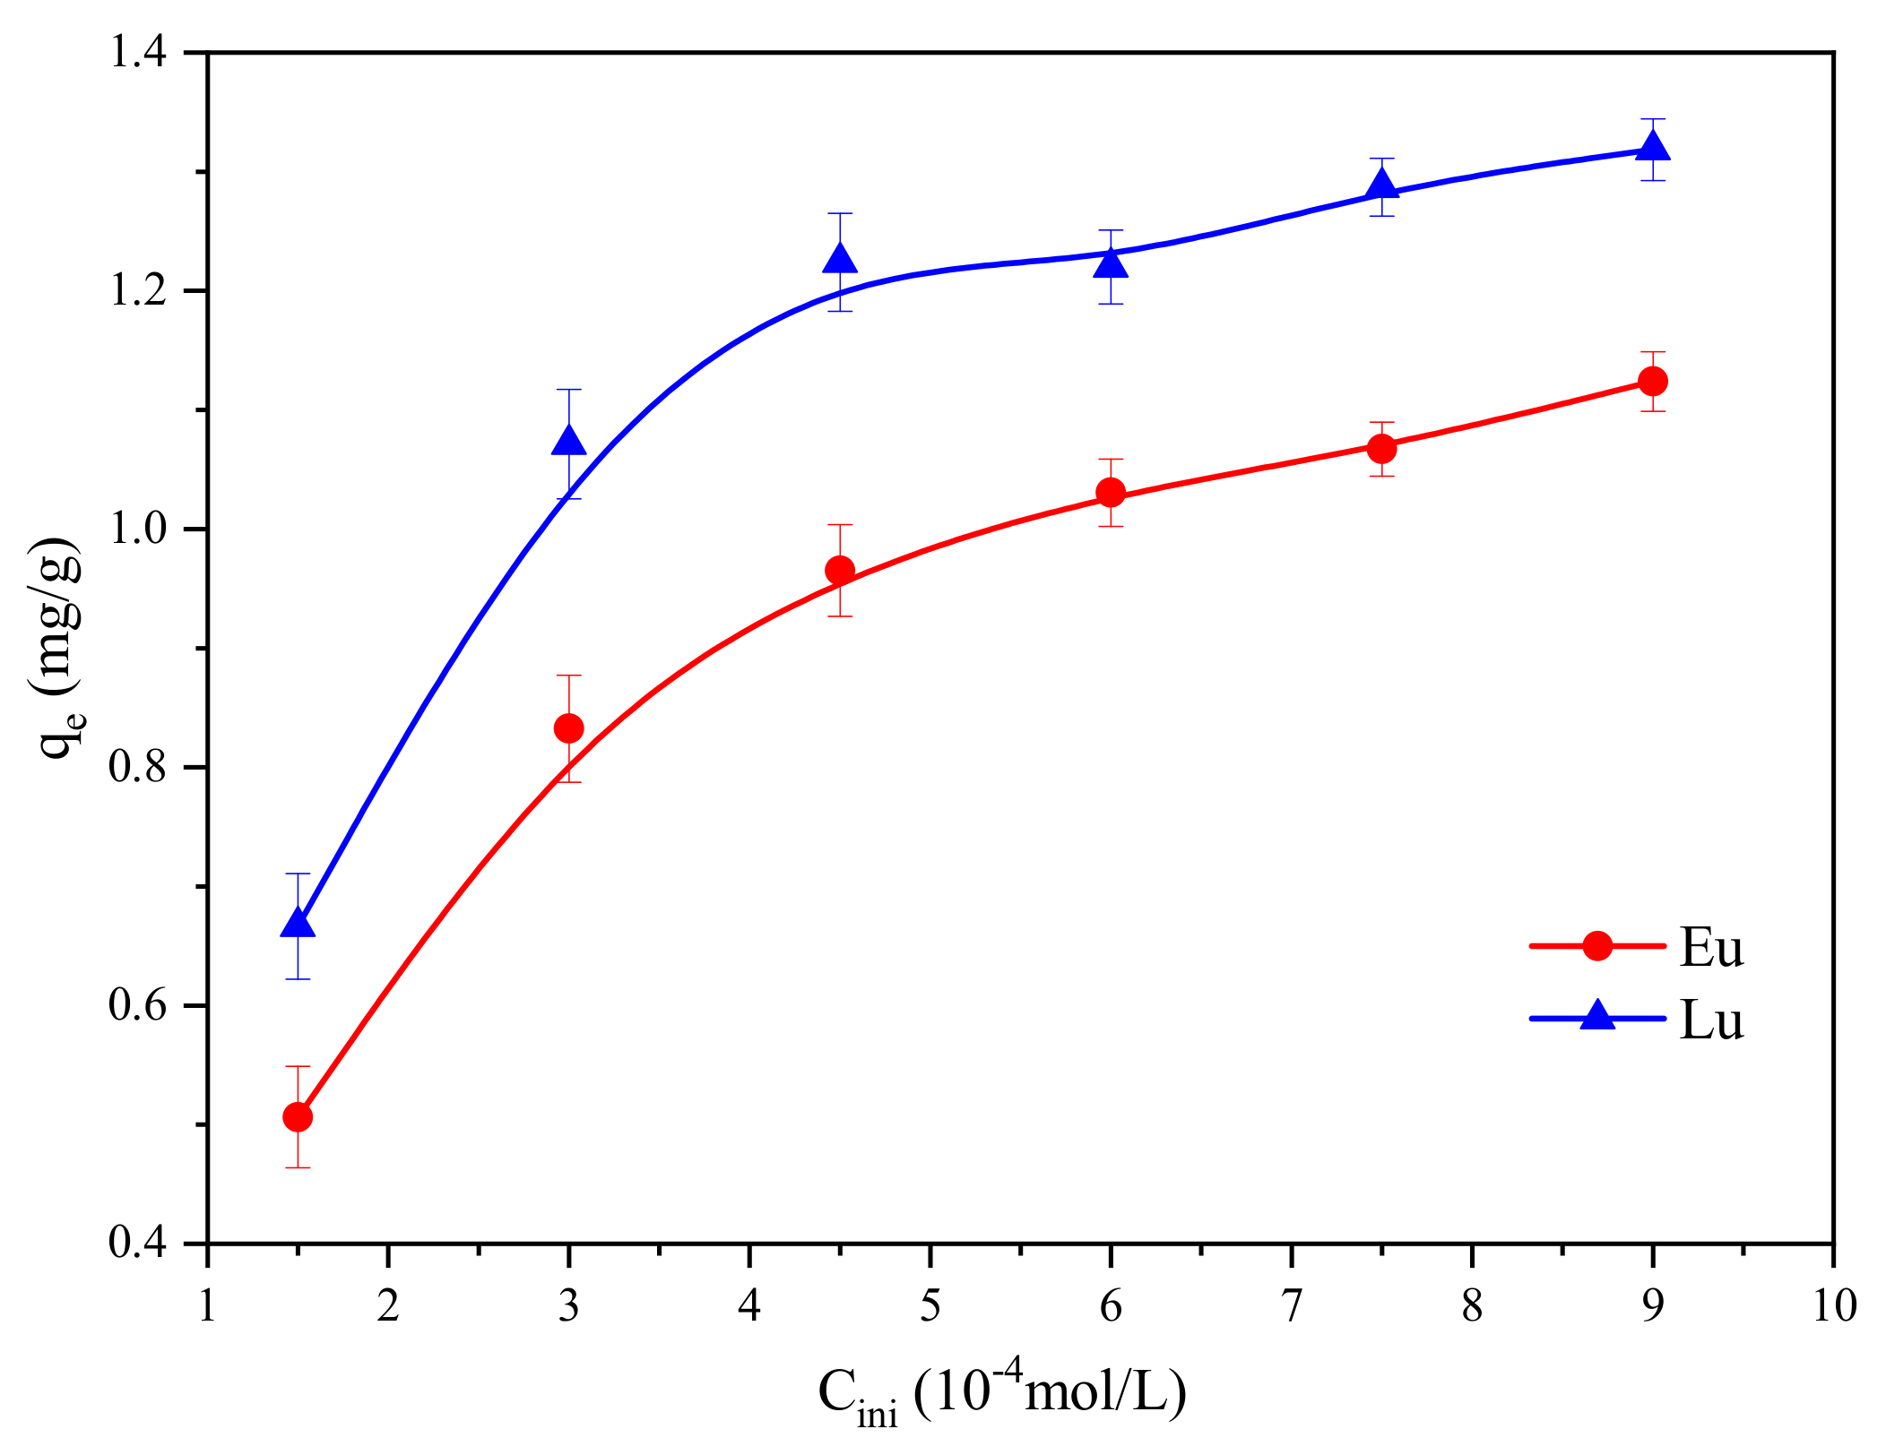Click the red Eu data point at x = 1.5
coord(298,1117)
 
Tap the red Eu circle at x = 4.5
coord(840,570)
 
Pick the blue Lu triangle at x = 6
coord(1111,263)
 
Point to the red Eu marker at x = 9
coord(1653,381)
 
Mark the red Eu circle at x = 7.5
coord(1381,447)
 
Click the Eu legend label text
coord(1710,948)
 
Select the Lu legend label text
coord(1710,1020)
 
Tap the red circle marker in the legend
coord(1597,945)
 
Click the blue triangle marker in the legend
coord(1597,1018)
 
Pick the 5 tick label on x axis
coord(930,1306)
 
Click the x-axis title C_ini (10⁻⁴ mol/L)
coord(1002,1394)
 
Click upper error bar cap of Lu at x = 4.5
coord(840,214)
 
